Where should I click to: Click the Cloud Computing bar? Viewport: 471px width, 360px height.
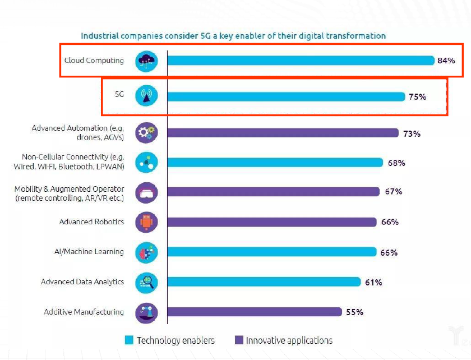coord(301,61)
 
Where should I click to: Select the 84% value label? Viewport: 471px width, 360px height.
coord(446,61)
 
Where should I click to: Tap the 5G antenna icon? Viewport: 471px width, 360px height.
coord(146,96)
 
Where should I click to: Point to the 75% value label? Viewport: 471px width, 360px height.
coord(417,96)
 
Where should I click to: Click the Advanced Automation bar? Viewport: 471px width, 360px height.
coord(283,133)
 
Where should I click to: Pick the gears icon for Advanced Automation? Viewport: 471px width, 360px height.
coord(146,133)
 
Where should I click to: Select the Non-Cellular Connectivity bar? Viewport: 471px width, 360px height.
coord(275,163)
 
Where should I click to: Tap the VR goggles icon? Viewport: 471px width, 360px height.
coord(146,193)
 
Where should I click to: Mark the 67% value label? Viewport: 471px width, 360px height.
coord(393,191)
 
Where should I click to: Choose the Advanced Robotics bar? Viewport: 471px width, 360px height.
coord(272,222)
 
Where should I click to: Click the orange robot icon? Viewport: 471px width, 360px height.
coord(146,222)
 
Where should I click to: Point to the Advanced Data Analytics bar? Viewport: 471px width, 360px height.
coord(264,282)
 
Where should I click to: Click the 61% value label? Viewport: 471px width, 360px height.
coord(373,282)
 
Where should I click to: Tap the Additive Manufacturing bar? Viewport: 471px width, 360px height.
coord(255,312)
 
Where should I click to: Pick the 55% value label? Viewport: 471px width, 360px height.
coord(354,312)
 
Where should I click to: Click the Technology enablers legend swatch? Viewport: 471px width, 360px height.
coord(129,340)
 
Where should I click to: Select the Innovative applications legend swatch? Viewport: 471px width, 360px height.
coord(238,340)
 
